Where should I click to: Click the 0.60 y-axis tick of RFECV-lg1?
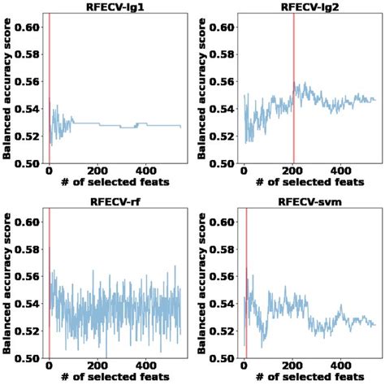(27, 27)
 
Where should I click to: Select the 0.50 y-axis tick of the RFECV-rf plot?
(27, 358)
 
